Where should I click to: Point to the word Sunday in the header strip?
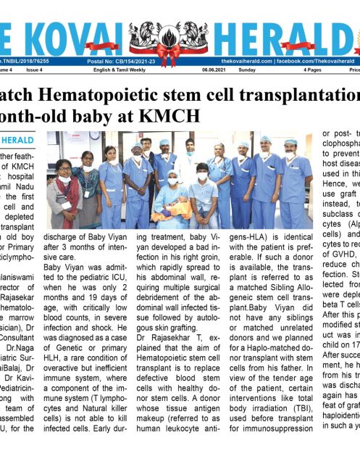(x=247, y=70)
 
